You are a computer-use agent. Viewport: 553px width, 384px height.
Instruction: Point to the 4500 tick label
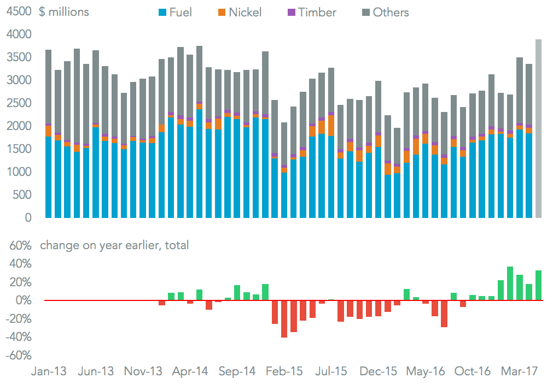18,11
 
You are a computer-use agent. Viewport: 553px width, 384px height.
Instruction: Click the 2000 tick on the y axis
18,126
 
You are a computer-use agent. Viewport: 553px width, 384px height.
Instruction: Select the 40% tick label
20,264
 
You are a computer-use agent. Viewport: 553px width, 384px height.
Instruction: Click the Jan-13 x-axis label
49,372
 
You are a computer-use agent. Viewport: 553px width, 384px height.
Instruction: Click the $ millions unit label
64,11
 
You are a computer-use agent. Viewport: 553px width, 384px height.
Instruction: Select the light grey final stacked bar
539,128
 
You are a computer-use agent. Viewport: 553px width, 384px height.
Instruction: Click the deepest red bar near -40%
284,319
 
